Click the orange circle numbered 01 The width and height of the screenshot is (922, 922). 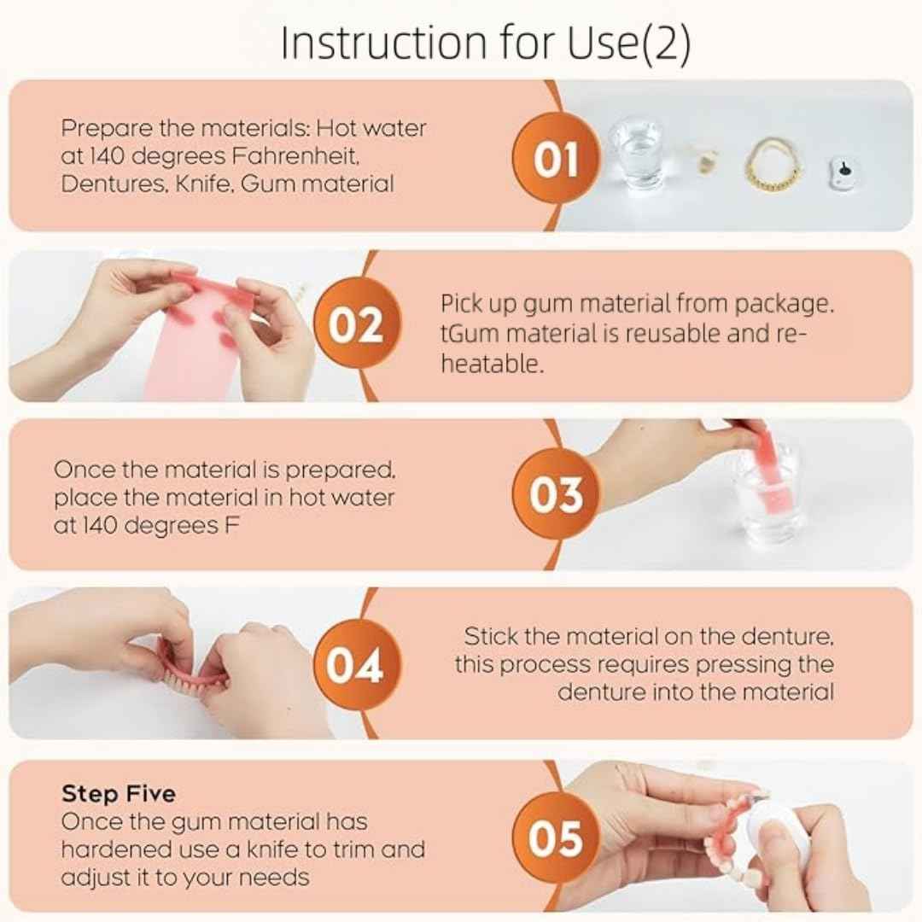[556, 160]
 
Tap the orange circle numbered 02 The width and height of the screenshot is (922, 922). [356, 326]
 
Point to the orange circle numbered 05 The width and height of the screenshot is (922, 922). [556, 837]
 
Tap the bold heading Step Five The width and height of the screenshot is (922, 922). [118, 793]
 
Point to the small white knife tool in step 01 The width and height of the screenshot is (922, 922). [843, 171]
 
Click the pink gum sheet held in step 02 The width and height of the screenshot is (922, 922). [192, 333]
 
